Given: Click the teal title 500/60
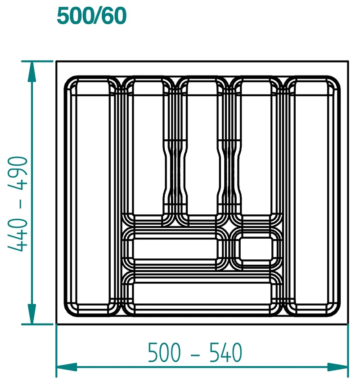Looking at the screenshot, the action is pyautogui.click(x=91, y=16).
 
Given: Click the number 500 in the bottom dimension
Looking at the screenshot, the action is pyautogui.click(x=164, y=352).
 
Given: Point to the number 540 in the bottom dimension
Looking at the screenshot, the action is pyautogui.click(x=226, y=352).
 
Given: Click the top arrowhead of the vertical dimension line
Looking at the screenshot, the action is pyautogui.click(x=31, y=71).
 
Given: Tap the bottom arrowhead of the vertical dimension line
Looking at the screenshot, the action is pyautogui.click(x=31, y=314).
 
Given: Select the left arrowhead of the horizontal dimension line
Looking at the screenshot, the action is pyautogui.click(x=67, y=367).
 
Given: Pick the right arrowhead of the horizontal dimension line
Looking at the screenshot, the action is pyautogui.click(x=337, y=367).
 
